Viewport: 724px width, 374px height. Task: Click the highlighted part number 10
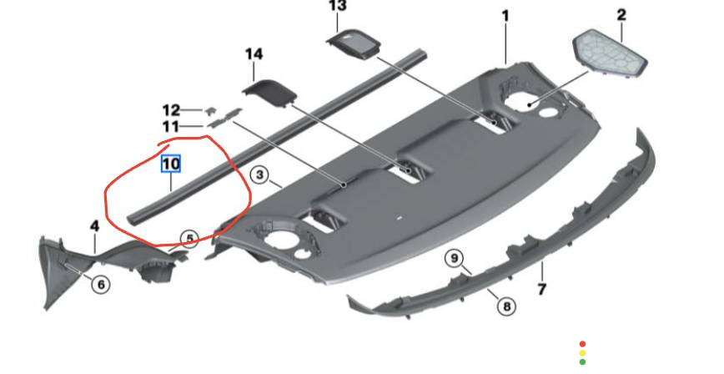(171, 164)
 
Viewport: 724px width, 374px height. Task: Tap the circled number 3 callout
(260, 175)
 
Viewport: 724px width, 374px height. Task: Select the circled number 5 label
(189, 239)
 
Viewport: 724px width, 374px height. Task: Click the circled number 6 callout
(101, 284)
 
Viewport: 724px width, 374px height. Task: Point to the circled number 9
(455, 258)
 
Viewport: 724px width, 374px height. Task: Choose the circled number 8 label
(506, 306)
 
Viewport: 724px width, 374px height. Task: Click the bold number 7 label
(542, 290)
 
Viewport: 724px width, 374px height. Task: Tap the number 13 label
(338, 6)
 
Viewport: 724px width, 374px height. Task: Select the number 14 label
(254, 54)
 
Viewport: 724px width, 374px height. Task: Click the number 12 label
(171, 110)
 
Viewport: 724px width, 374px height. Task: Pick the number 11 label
(170, 126)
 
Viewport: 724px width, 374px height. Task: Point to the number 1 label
(505, 16)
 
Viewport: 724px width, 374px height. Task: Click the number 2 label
(621, 15)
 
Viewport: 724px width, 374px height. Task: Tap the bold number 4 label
(94, 226)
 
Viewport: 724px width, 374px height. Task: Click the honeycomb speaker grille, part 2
(610, 52)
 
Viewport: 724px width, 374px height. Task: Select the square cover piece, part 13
(353, 43)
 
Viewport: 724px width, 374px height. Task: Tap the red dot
(582, 344)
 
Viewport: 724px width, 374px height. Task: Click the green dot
(582, 362)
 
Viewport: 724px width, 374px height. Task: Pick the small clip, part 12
(210, 110)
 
